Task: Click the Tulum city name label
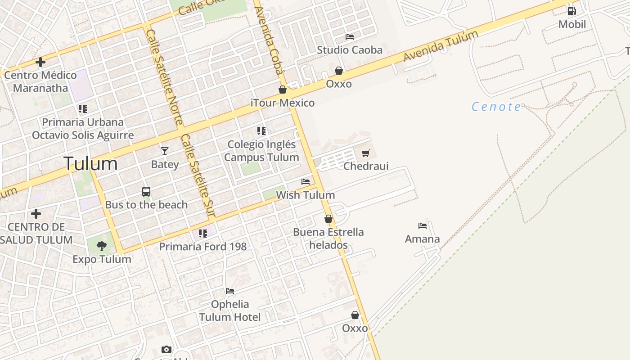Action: tap(90, 163)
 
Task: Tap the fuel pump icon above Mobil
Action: tap(571, 11)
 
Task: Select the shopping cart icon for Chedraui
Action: tap(365, 153)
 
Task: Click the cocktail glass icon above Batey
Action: tap(165, 151)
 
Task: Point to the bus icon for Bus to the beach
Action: tap(146, 192)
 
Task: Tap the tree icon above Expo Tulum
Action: tap(102, 246)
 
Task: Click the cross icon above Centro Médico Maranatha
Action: tap(41, 62)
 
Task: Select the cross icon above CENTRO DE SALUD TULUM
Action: tap(36, 213)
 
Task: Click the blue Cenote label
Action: tap(496, 107)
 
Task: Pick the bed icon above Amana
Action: tap(422, 225)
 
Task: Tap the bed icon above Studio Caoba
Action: tap(349, 36)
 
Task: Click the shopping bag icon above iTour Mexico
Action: tap(283, 90)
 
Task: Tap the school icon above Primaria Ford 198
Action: tap(203, 233)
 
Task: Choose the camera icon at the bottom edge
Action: tap(166, 349)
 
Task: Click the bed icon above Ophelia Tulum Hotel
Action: tap(230, 291)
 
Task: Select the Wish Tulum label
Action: tap(306, 195)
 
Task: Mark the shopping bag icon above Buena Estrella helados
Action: tap(328, 219)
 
